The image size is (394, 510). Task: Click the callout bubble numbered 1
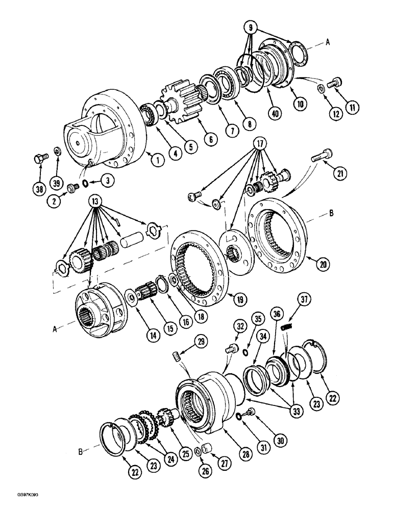tap(157, 161)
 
